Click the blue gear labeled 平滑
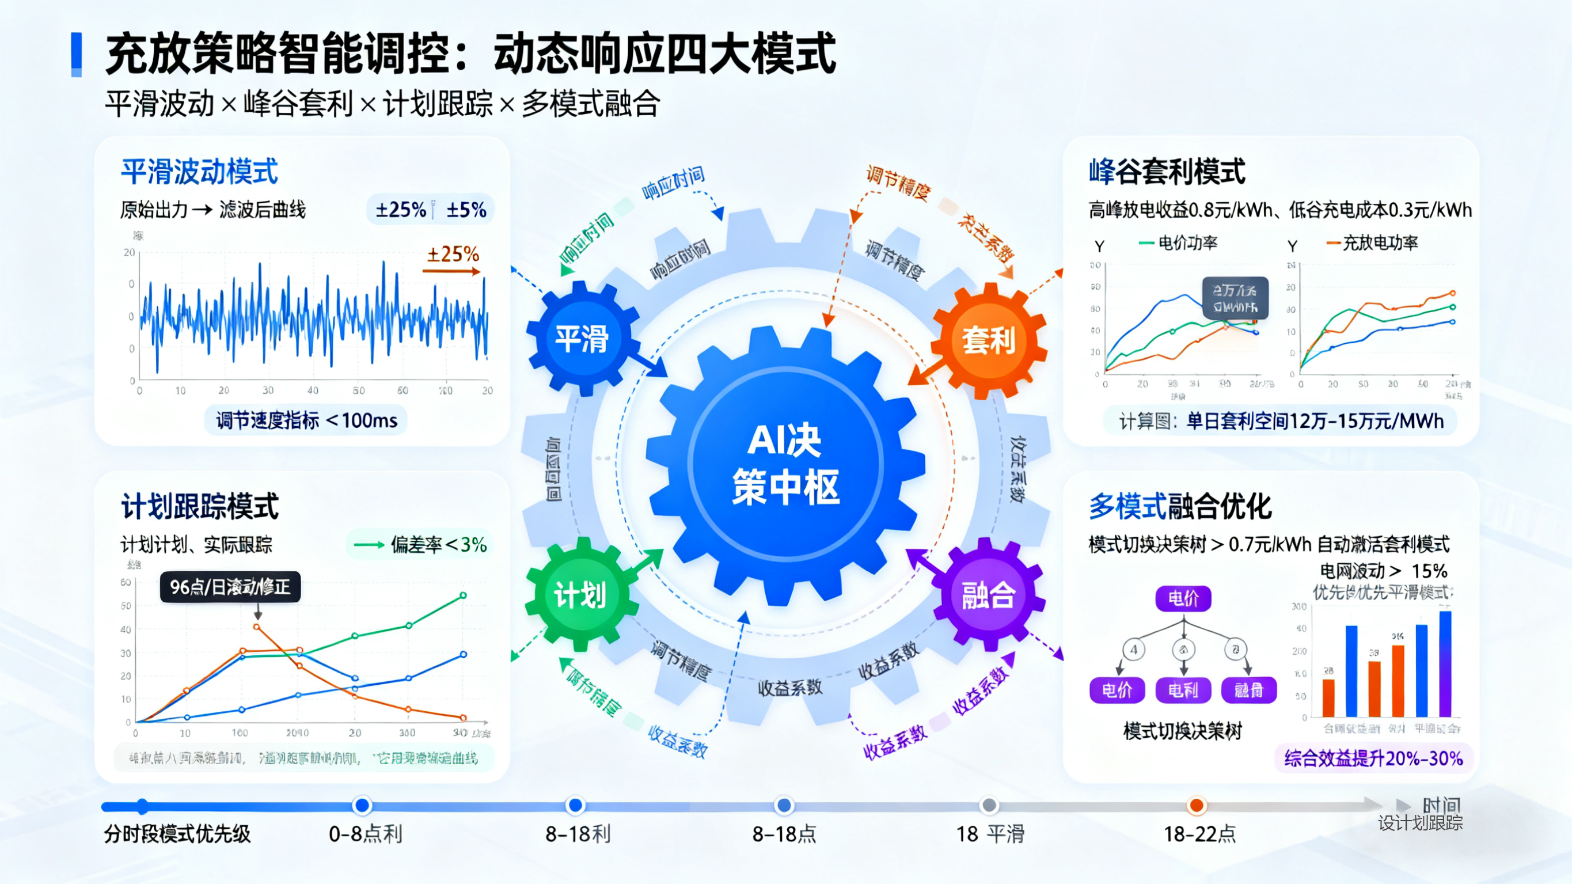pyautogui.click(x=581, y=338)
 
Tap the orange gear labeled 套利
pyautogui.click(x=989, y=339)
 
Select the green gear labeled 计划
pyautogui.click(x=580, y=594)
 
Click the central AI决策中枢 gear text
pyautogui.click(x=785, y=464)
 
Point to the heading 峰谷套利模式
pyautogui.click(x=1167, y=172)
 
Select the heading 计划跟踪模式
pyautogui.click(x=200, y=506)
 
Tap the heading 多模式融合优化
pyautogui.click(x=1180, y=506)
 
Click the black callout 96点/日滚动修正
pyautogui.click(x=230, y=587)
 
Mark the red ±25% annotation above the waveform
pyautogui.click(x=452, y=254)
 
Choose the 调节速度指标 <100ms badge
pyautogui.click(x=306, y=420)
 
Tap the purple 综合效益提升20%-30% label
pyautogui.click(x=1373, y=758)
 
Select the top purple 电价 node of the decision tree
pyautogui.click(x=1183, y=598)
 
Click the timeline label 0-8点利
pyautogui.click(x=365, y=834)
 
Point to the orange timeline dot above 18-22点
pyautogui.click(x=1197, y=806)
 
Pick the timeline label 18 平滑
pyautogui.click(x=990, y=834)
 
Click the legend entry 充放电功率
pyautogui.click(x=1379, y=243)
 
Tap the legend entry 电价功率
pyautogui.click(x=1186, y=243)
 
